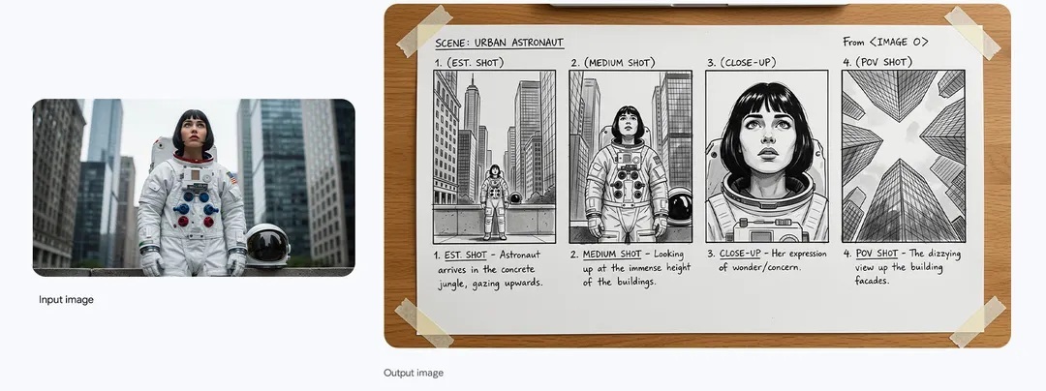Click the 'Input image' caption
click(x=66, y=300)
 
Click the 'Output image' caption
click(x=413, y=373)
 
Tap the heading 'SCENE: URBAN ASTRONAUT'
click(x=500, y=44)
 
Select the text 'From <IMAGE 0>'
click(x=885, y=42)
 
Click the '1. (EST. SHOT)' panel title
click(x=469, y=63)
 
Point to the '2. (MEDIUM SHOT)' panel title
click(x=612, y=63)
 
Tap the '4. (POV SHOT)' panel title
click(x=877, y=63)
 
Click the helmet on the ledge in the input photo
click(x=267, y=245)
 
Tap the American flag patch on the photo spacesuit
click(x=232, y=178)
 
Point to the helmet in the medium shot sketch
click(x=680, y=207)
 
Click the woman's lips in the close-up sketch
click(x=767, y=153)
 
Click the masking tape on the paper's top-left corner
click(x=424, y=31)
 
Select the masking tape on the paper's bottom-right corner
click(x=977, y=321)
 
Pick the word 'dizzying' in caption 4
click(x=943, y=254)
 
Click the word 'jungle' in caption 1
click(x=454, y=285)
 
